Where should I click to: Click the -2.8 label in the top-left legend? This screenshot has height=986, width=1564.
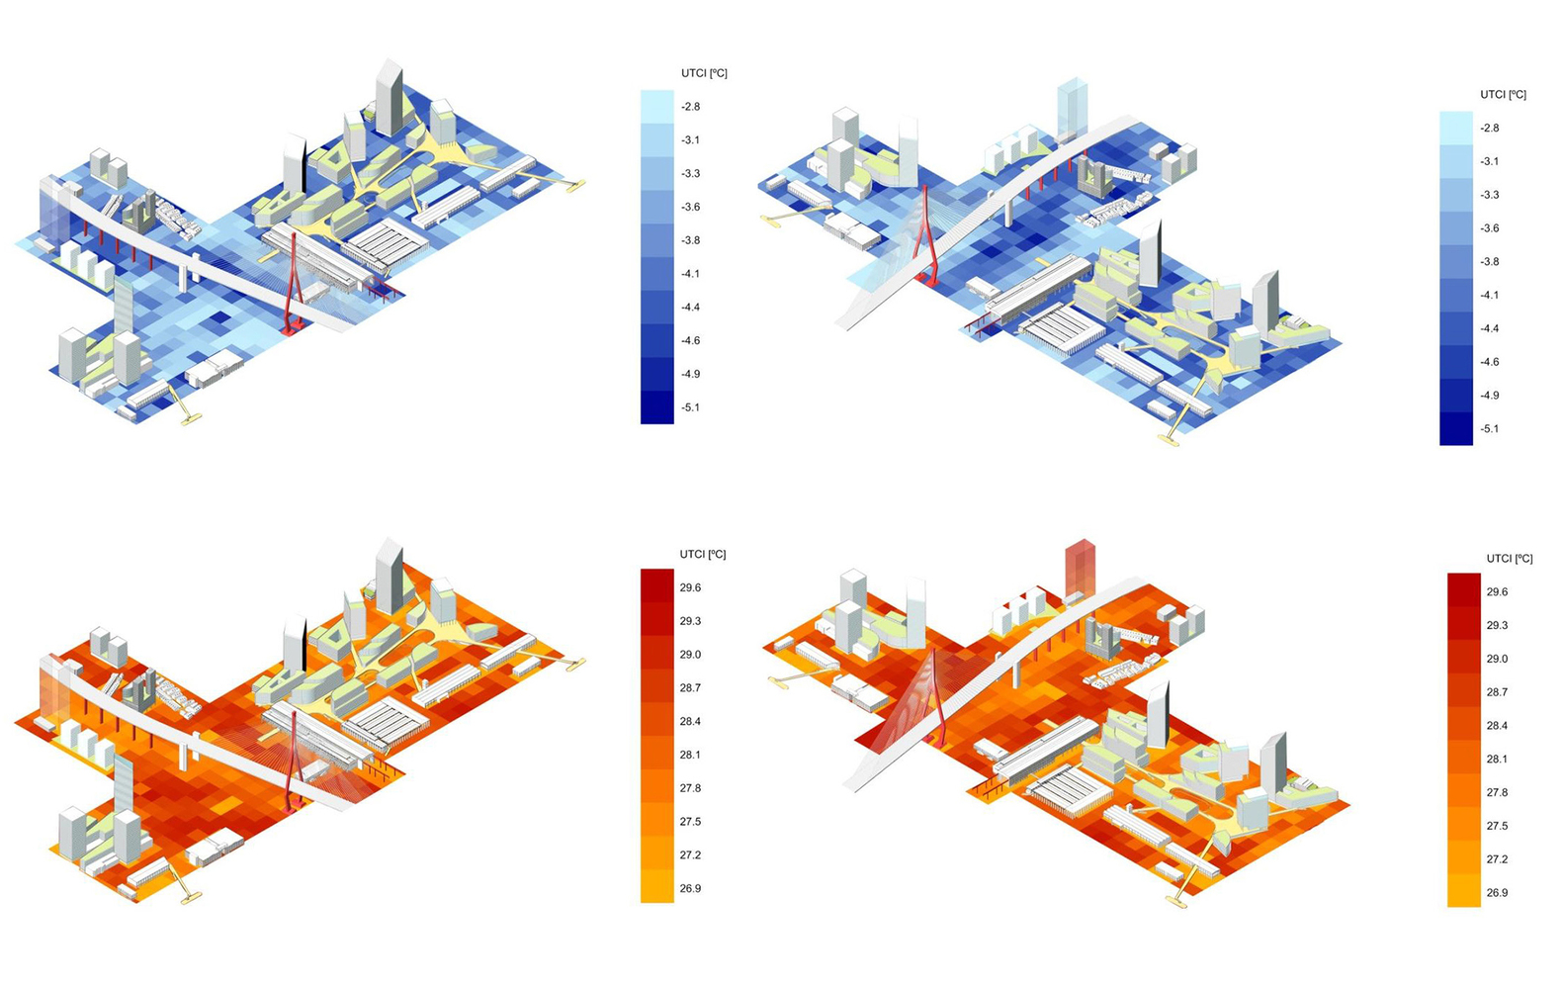point(690,107)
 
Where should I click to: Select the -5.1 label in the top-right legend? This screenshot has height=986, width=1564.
point(1489,429)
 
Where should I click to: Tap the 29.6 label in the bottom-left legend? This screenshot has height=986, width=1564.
point(690,588)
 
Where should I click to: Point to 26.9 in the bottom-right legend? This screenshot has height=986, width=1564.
point(1497,892)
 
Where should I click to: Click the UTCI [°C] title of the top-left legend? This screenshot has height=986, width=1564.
point(704,73)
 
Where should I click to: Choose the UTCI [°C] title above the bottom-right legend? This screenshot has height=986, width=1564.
point(1510,559)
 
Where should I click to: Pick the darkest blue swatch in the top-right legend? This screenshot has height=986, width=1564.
point(1456,429)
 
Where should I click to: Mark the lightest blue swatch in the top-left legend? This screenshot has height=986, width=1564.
point(657,107)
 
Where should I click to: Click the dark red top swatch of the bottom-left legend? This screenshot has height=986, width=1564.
point(657,585)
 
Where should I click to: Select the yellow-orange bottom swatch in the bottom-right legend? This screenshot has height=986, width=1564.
point(1463,891)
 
